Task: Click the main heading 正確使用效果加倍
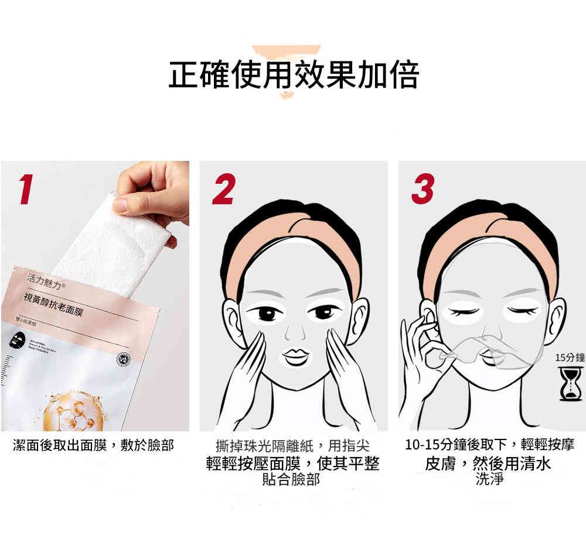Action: click(293, 74)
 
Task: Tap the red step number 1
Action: click(25, 188)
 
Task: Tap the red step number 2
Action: click(223, 188)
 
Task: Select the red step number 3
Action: click(423, 188)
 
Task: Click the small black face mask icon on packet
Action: click(16, 341)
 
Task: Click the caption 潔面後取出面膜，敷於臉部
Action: click(94, 446)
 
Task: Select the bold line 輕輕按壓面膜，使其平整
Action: click(292, 464)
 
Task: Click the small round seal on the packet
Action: click(124, 359)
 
